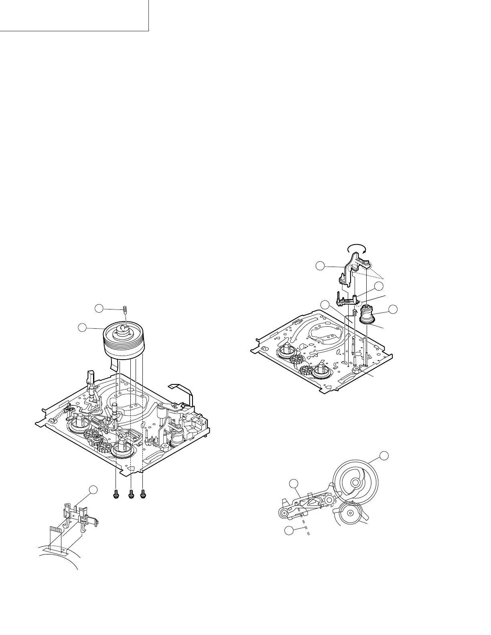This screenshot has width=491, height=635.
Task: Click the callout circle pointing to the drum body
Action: pyautogui.click(x=83, y=328)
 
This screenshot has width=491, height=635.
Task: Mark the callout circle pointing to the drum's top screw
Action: pyautogui.click(x=99, y=308)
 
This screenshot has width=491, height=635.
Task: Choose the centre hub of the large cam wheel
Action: pyautogui.click(x=355, y=482)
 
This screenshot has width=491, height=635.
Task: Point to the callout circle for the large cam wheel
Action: pyautogui.click(x=384, y=455)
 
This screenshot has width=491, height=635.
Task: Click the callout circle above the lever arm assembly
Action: pyautogui.click(x=294, y=483)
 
